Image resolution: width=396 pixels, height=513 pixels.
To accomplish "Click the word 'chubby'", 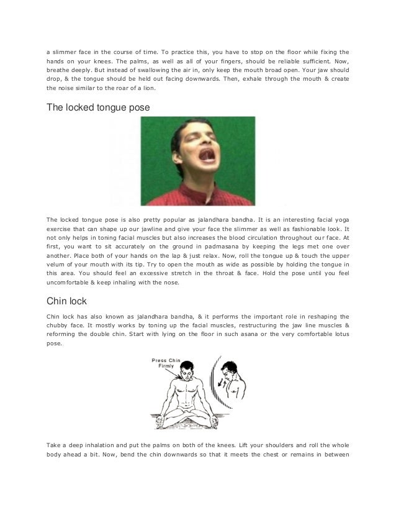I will click(61, 325).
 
